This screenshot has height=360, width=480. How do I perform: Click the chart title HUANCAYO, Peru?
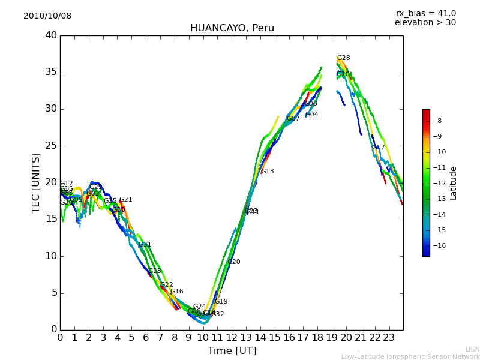[232, 28]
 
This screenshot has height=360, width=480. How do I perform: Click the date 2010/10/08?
[47, 16]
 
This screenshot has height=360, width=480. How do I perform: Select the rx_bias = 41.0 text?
[425, 14]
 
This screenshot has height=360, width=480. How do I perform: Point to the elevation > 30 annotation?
[425, 23]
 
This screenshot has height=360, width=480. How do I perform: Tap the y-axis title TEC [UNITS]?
[37, 182]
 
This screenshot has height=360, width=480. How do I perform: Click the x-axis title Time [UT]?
[232, 351]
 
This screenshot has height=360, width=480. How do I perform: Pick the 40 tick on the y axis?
[51, 35]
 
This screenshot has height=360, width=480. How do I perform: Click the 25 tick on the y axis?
[51, 146]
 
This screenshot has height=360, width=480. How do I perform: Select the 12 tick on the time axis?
[232, 337]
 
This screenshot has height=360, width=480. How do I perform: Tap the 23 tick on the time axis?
[389, 337]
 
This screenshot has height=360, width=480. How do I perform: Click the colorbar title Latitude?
[454, 183]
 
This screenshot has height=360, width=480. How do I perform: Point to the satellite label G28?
[343, 58]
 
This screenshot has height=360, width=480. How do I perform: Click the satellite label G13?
[267, 172]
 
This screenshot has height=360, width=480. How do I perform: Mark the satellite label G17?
[379, 148]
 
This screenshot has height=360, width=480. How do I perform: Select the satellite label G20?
[233, 262]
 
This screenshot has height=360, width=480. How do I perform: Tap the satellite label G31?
[145, 245]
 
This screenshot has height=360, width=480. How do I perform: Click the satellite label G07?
[293, 119]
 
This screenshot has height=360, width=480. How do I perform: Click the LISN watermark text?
[473, 349]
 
